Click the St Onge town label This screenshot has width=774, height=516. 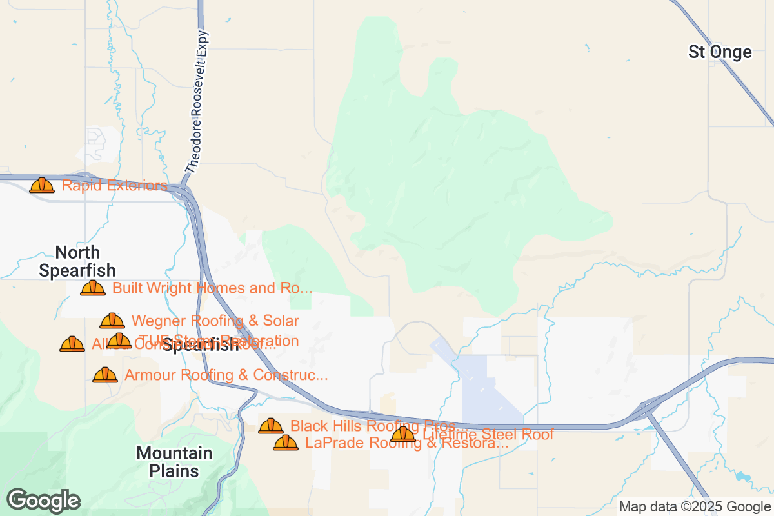tap(720, 52)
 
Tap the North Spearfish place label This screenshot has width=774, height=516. tap(77, 261)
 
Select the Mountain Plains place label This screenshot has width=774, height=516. tap(174, 462)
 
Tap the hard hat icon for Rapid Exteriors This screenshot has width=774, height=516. tap(42, 186)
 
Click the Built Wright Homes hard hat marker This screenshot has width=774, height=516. tap(93, 288)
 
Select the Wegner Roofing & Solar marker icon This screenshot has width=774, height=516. tap(112, 321)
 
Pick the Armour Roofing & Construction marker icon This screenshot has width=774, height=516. tap(105, 375)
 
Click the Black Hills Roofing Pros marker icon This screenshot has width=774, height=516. tap(271, 426)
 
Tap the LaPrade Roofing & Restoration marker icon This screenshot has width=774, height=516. tap(286, 442)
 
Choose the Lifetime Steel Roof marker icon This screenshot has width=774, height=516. tap(404, 434)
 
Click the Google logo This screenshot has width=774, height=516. tap(43, 501)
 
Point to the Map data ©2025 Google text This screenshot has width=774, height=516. tap(695, 506)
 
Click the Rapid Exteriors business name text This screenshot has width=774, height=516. tap(114, 186)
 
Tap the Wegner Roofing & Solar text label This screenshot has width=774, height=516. tap(215, 321)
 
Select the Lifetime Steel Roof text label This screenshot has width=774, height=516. tap(488, 435)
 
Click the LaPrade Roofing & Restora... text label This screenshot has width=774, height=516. tap(406, 443)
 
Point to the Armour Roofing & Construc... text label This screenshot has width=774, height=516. tap(226, 375)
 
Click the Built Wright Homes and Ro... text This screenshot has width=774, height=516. tap(212, 288)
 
